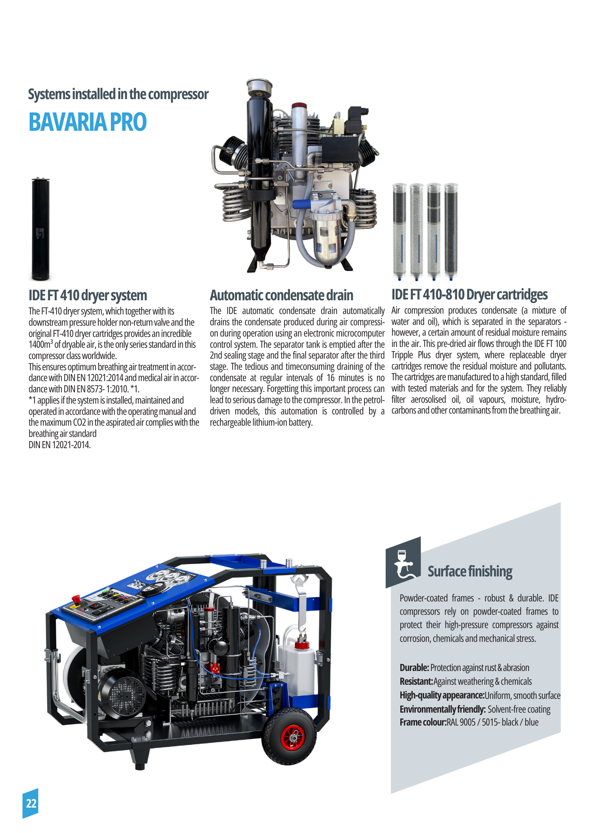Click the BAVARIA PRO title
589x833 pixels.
(x=87, y=122)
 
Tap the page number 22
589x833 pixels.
(x=31, y=803)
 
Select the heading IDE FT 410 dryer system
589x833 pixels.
(x=87, y=295)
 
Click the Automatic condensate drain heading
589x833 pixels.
(x=281, y=295)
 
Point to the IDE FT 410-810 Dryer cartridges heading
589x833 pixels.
(x=469, y=294)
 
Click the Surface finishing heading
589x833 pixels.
(x=469, y=571)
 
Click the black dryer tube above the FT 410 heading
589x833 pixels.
(x=40, y=229)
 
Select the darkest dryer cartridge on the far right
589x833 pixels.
(x=451, y=230)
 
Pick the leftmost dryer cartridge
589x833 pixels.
(x=399, y=230)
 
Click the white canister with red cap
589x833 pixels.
(x=300, y=666)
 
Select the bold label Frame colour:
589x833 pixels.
(x=423, y=723)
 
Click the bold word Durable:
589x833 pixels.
(x=414, y=668)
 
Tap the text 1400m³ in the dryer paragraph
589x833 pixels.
(x=40, y=345)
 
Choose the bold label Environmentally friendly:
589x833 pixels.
(x=442, y=709)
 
